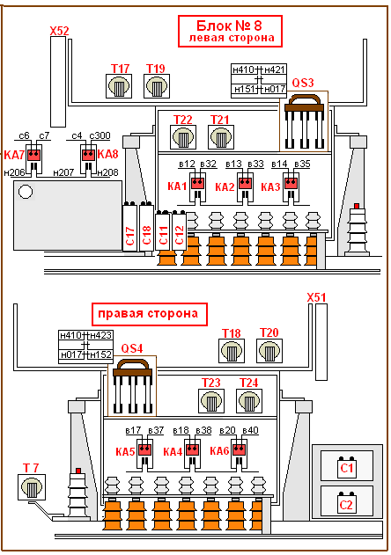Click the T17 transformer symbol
(x=119, y=86)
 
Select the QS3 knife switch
(x=304, y=121)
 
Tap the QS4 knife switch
(x=132, y=386)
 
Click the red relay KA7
(x=34, y=155)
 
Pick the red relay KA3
(x=291, y=183)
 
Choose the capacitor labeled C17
(x=130, y=227)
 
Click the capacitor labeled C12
(x=180, y=230)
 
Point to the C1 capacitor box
(x=346, y=466)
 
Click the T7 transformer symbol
(x=32, y=487)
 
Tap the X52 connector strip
(x=58, y=82)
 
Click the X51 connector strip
(x=321, y=341)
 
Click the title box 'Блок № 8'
(x=230, y=31)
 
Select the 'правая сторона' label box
(x=150, y=314)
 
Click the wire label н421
(x=275, y=69)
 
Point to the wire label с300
(x=100, y=135)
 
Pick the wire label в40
(x=250, y=430)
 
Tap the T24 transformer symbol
(x=249, y=401)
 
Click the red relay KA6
(x=239, y=449)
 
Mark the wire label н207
(x=63, y=172)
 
